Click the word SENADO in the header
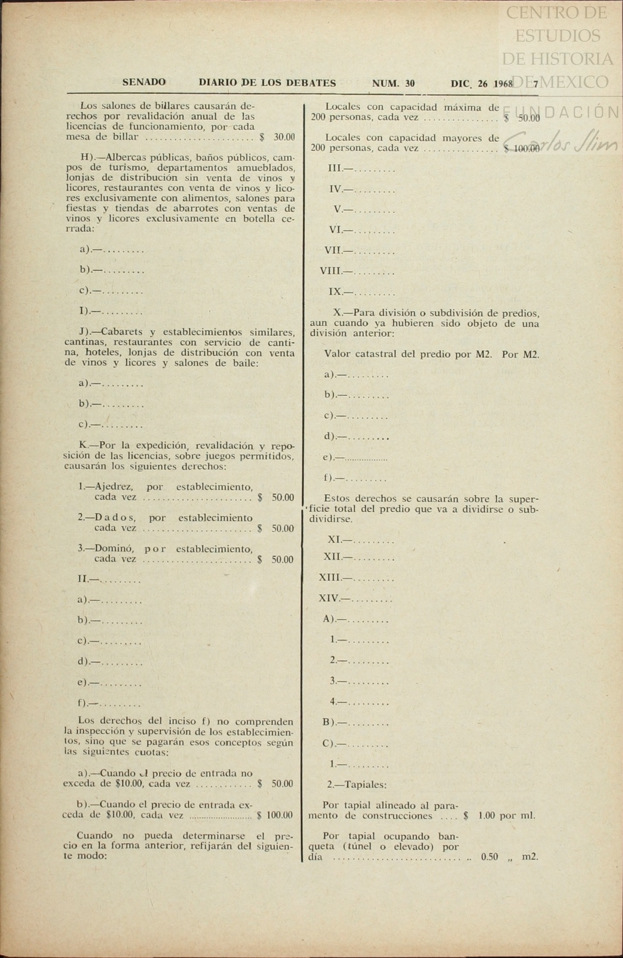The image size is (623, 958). coord(144,82)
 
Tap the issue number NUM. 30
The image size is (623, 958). coord(393,83)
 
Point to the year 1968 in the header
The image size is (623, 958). coord(503,83)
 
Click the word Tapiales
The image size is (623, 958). coord(365,784)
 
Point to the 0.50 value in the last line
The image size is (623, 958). coord(489,857)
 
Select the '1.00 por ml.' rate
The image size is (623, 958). coord(506,816)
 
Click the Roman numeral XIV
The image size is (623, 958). coord(329,598)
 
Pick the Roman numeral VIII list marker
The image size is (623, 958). coord(331,271)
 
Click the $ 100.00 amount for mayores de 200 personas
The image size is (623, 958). coord(522,149)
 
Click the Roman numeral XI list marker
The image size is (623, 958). coord(334,539)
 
